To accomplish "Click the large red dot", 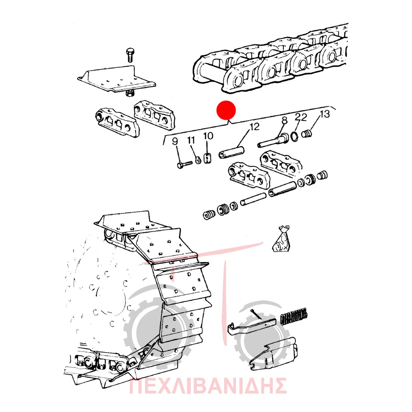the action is point(226,110).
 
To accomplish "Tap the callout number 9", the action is point(175,141).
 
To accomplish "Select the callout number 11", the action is point(191,140).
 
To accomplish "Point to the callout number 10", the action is point(208,136).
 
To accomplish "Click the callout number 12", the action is point(254,126).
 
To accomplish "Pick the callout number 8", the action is point(284,120).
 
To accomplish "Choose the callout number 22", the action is point(301,117).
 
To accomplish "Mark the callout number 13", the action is point(325,114).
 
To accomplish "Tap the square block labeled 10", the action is point(208,158).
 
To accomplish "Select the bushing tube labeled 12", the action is point(231,152).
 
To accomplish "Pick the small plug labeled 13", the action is point(307,133).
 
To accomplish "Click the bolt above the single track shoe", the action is point(130,55).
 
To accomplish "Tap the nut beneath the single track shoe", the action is point(129,93).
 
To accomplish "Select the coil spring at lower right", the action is point(294,316).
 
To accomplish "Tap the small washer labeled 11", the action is point(199,159).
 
